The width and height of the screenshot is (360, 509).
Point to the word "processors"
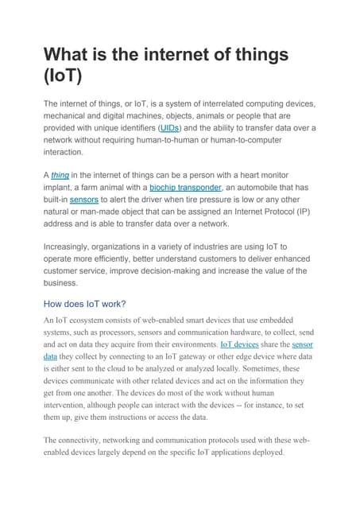[142, 332]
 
